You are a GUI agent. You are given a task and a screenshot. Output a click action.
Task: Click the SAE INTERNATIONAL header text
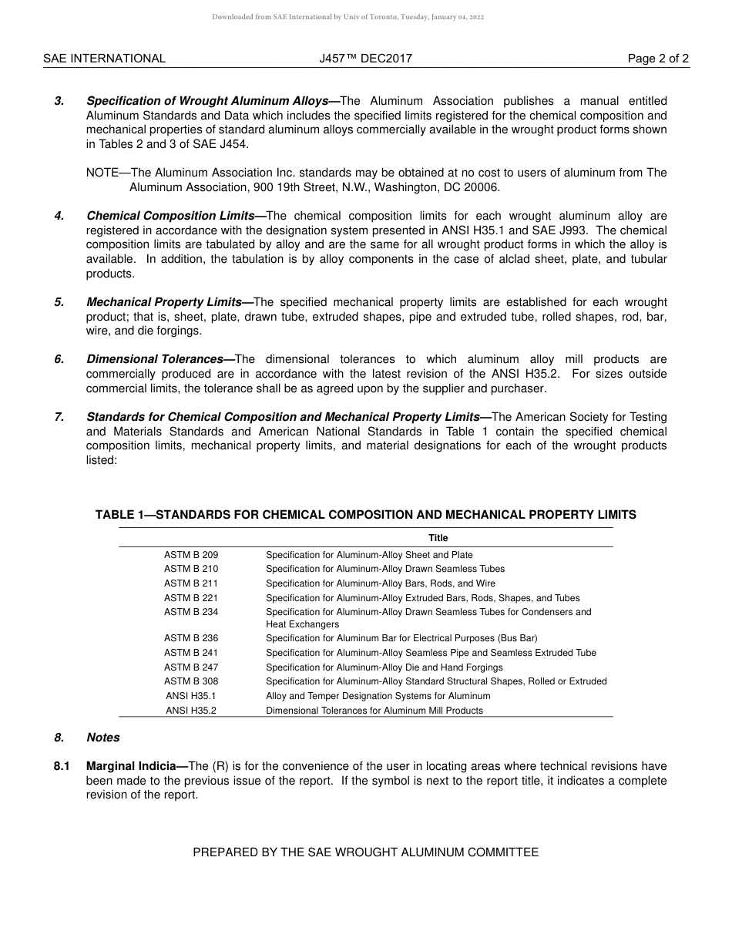point(104,59)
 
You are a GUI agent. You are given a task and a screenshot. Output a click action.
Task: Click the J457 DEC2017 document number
point(365,59)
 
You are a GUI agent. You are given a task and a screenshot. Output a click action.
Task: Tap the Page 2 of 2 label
point(658,59)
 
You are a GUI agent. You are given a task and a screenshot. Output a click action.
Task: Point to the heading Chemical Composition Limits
point(176,216)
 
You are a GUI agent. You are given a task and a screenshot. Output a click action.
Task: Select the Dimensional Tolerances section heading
point(160,359)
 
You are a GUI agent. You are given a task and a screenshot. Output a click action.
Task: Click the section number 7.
point(59,417)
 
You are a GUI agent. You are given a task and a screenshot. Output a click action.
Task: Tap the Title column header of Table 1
point(438,538)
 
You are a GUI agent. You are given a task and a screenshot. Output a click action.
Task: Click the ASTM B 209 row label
point(191,555)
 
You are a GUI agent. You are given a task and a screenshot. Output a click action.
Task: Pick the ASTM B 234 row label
point(191,612)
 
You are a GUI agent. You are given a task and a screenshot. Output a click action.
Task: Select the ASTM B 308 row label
point(191,681)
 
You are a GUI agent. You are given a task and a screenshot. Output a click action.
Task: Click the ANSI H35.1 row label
point(191,696)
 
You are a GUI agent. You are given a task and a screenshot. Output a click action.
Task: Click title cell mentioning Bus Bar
point(401,638)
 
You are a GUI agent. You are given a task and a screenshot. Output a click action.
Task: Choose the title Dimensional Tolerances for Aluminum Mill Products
point(374,711)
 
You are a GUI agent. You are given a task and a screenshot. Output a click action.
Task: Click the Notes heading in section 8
point(103,738)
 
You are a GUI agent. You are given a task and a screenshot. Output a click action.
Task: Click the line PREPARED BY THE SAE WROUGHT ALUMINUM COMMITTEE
point(365,852)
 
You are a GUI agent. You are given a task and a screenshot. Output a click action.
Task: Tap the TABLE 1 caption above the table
point(365,515)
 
